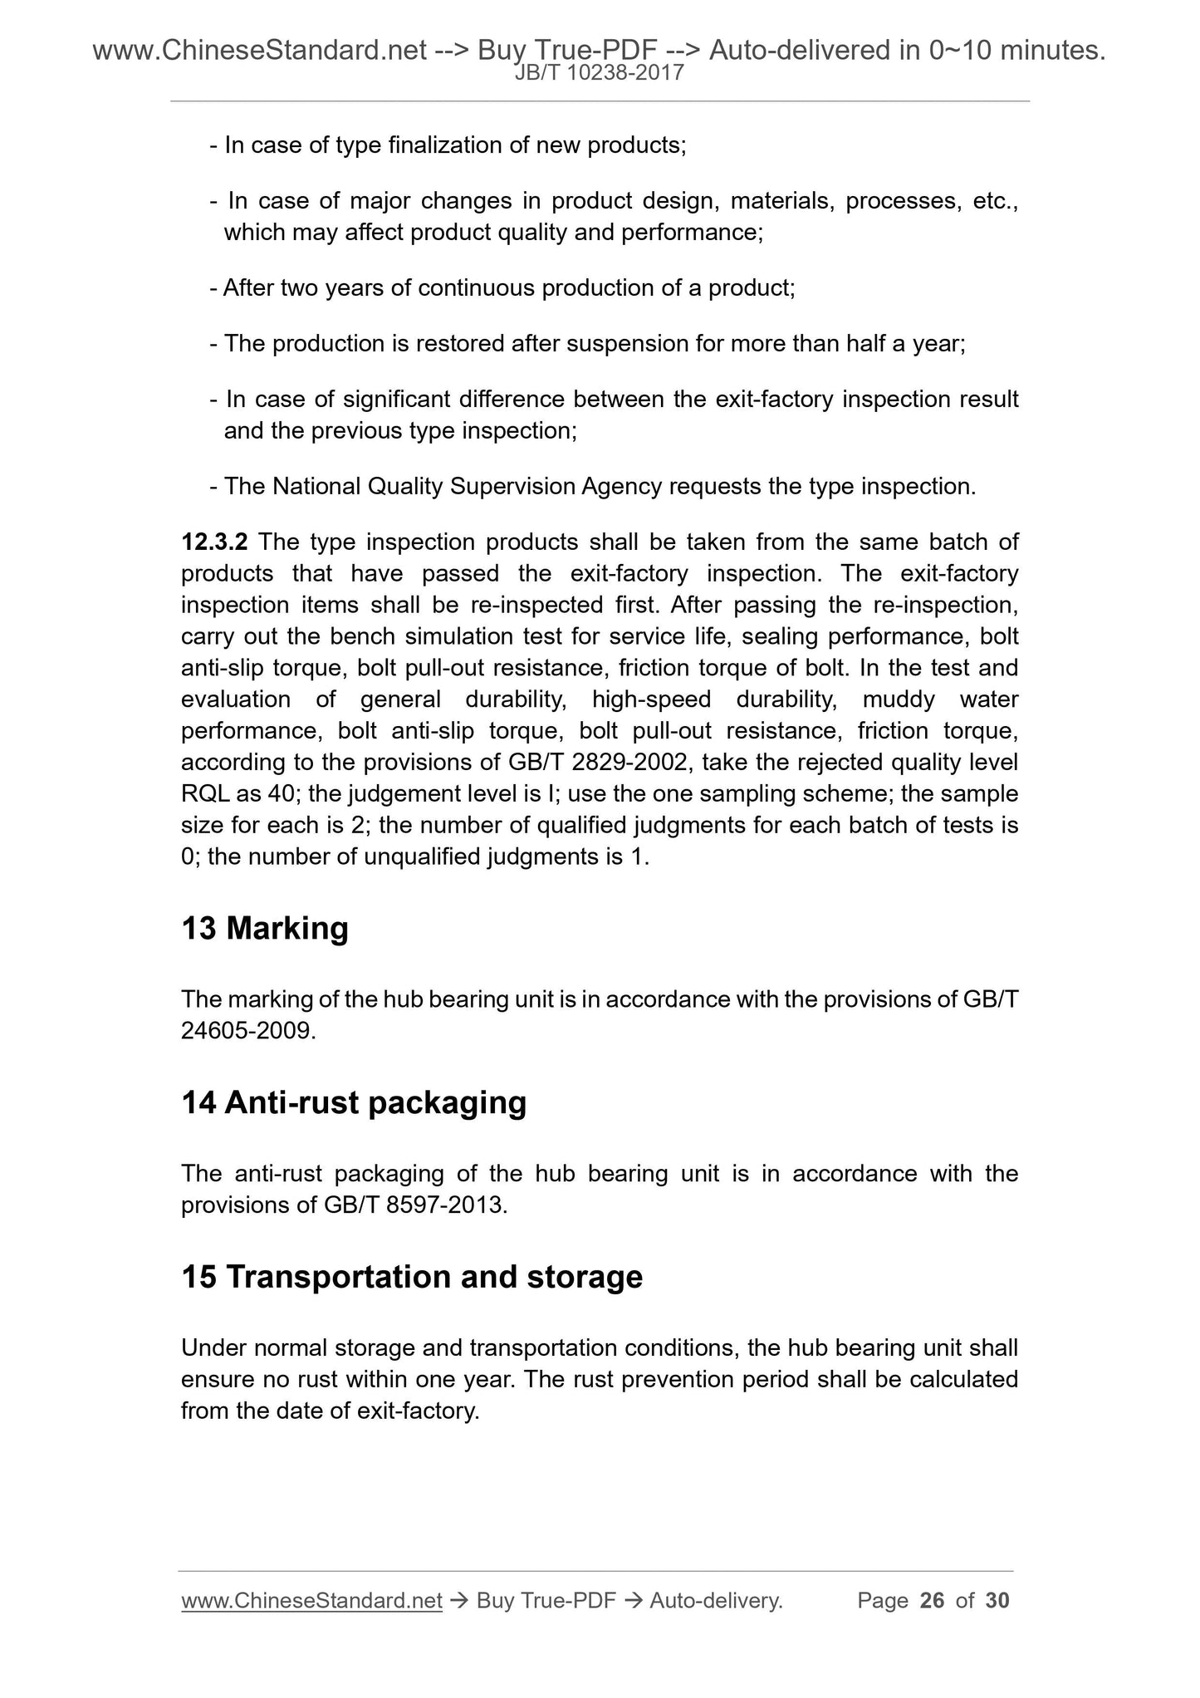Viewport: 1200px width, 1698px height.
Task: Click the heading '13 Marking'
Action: (x=264, y=928)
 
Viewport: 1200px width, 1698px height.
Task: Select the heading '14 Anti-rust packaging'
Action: (x=354, y=1102)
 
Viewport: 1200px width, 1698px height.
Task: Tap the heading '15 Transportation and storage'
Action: (x=412, y=1277)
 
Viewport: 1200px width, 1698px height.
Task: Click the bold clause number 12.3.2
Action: (x=214, y=542)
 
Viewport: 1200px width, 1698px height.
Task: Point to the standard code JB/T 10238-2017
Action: (x=600, y=73)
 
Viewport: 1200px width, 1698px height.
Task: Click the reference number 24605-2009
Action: (x=247, y=1031)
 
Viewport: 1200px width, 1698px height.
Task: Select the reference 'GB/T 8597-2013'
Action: (x=411, y=1205)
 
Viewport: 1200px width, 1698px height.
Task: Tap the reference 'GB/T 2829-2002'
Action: (x=601, y=763)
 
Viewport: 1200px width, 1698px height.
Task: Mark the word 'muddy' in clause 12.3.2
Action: (x=899, y=699)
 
